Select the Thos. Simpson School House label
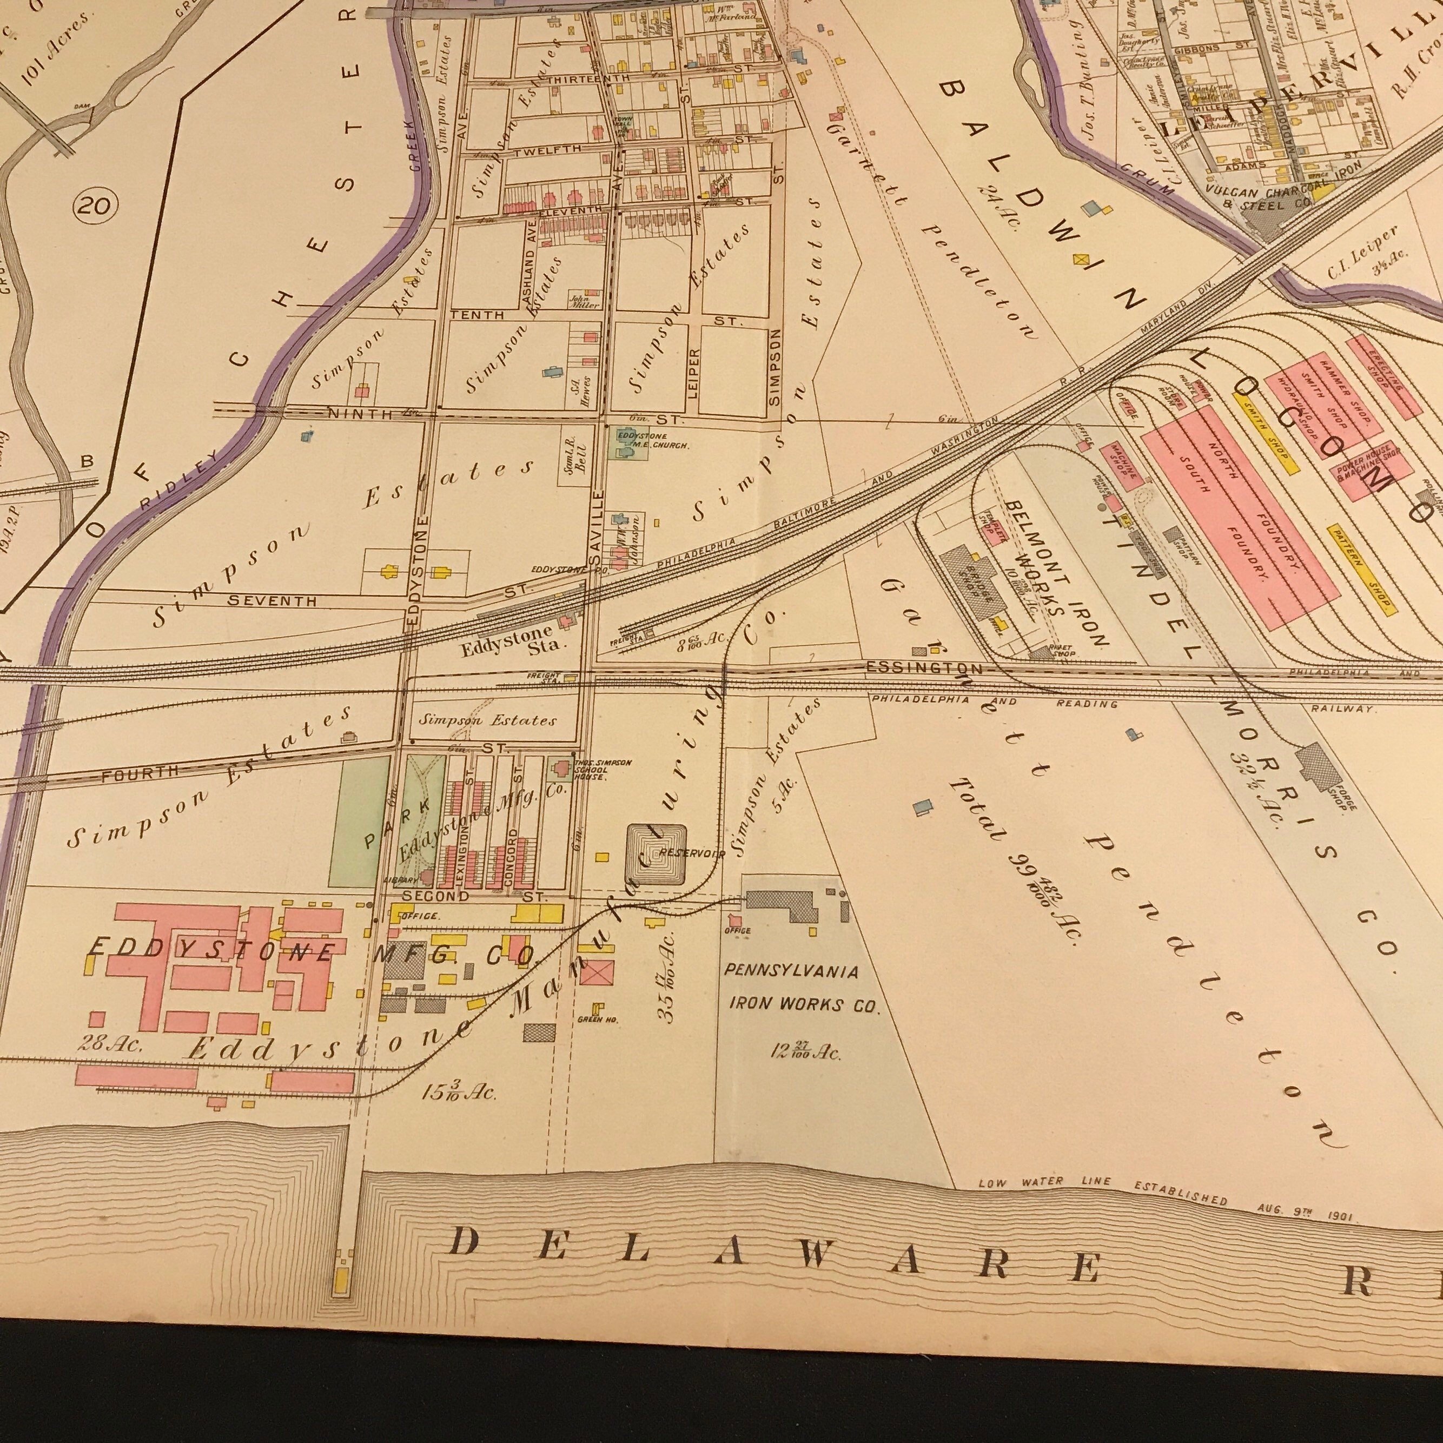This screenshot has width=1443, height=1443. click(x=604, y=769)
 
